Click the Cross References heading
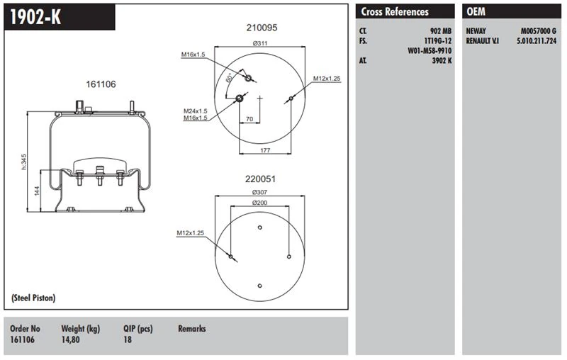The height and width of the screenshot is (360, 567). (x=395, y=12)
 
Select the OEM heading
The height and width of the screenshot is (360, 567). (x=475, y=12)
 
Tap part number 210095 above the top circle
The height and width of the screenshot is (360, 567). (x=262, y=28)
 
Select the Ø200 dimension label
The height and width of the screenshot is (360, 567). (x=260, y=204)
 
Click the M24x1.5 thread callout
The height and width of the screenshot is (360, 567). (x=195, y=111)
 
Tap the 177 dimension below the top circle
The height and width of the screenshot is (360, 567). (x=266, y=151)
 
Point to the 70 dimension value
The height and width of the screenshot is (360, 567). (x=249, y=119)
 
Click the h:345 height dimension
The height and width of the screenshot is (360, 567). (x=23, y=162)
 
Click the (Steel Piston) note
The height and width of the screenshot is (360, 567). (x=34, y=298)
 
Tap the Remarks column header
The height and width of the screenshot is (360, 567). (x=191, y=329)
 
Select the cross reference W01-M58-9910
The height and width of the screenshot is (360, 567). (x=430, y=50)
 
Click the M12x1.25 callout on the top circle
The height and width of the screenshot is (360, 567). (x=327, y=78)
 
